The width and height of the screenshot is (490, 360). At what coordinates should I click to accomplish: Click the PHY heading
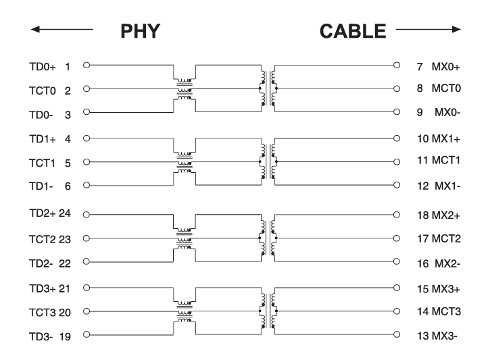pos(141,31)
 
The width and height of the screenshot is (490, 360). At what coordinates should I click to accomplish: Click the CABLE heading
pos(353,31)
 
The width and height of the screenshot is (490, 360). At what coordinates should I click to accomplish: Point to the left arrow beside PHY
pos(62,29)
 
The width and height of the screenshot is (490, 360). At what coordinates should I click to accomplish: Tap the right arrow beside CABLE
pos(428,29)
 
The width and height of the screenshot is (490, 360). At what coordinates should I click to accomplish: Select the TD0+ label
pos(43,67)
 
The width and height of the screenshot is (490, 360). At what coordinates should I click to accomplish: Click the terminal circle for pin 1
pos(87,65)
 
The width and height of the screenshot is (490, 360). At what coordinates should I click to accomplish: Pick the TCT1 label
pos(42,163)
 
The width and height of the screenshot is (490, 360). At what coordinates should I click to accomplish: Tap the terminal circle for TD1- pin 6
pos(87,185)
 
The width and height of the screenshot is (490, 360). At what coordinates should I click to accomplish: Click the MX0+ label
pos(446,67)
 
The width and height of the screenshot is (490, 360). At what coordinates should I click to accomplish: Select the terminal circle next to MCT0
pos(397,88)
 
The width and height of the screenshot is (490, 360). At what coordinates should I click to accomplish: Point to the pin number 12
pos(423,186)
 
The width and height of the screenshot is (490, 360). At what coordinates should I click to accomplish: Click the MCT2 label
pos(446,239)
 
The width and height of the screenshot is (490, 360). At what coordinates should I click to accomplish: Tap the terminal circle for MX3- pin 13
pos(397,334)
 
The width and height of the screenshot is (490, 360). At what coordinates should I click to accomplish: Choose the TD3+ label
pos(43,288)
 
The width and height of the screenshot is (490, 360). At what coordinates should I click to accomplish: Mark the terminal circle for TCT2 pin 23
pos(87,238)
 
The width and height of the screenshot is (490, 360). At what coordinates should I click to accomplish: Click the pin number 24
pos(65,213)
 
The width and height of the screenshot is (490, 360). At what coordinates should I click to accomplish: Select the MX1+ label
pos(446,138)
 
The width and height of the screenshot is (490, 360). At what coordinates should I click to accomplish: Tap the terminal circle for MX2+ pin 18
pos(397,215)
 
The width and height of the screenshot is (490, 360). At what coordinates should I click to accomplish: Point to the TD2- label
pos(41,263)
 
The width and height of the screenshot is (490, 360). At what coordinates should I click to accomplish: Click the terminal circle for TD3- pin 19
pos(87,334)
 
